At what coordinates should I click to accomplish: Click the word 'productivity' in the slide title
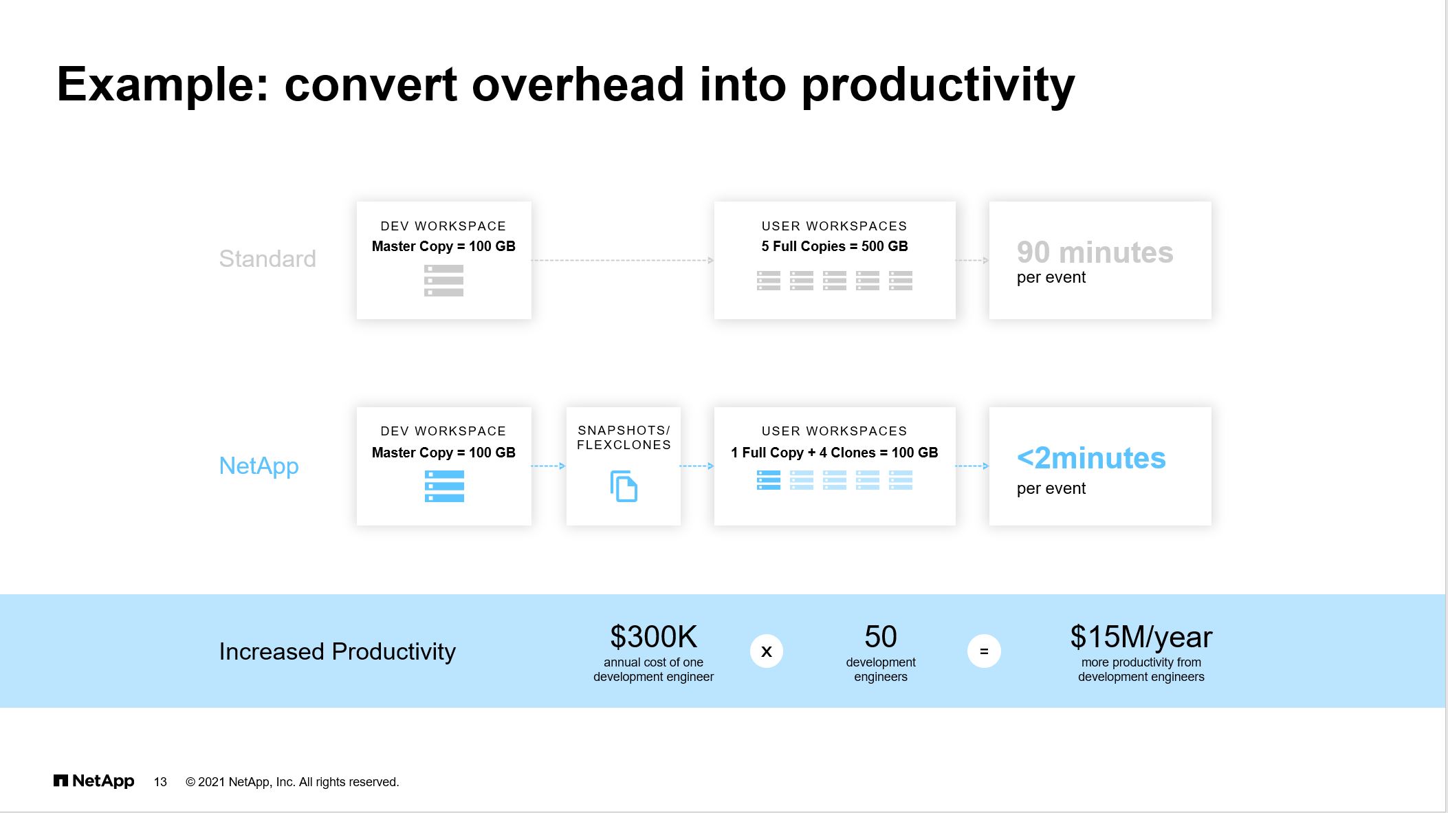click(x=938, y=85)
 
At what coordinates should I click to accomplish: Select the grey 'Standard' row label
click(x=267, y=259)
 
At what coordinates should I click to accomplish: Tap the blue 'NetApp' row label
click(x=259, y=466)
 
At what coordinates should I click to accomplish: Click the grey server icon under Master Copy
click(x=443, y=281)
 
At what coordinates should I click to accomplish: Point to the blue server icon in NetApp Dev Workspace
click(x=444, y=486)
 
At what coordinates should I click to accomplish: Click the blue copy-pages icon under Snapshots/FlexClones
click(x=624, y=486)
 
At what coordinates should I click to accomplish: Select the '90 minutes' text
click(x=1095, y=252)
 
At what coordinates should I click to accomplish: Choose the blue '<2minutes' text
click(x=1091, y=458)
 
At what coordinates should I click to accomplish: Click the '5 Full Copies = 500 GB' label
click(x=835, y=246)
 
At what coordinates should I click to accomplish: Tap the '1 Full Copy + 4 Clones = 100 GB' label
click(x=835, y=453)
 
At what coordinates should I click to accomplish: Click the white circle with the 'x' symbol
click(x=767, y=651)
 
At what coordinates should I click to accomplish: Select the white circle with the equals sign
click(x=984, y=651)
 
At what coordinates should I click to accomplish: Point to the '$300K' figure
click(x=653, y=637)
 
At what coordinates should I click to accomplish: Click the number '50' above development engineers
click(x=881, y=637)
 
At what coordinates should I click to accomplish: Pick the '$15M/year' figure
click(x=1141, y=638)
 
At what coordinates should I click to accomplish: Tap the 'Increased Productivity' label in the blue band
click(x=337, y=651)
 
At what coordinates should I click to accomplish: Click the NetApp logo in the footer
click(x=94, y=781)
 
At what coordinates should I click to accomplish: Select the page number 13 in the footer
click(x=160, y=782)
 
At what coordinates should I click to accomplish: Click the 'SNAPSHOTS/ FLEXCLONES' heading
click(x=624, y=437)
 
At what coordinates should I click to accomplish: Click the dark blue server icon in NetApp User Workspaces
click(x=769, y=480)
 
